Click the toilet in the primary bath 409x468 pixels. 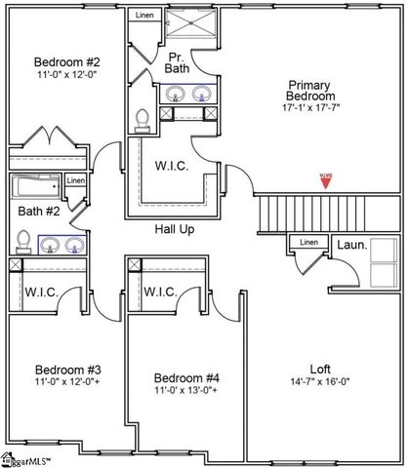point(143,118)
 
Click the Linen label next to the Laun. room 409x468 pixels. point(308,242)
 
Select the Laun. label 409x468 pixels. point(352,246)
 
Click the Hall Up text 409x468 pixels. point(176,230)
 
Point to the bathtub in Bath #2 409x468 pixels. point(36,186)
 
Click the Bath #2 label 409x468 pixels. point(39,211)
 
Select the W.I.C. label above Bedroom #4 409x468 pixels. point(160,292)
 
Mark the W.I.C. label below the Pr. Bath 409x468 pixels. point(171,166)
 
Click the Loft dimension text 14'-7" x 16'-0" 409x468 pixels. point(320,381)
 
